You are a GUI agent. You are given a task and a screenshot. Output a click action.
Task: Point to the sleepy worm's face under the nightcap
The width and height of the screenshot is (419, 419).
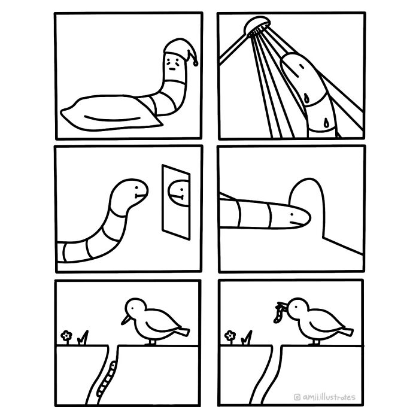click(x=174, y=63)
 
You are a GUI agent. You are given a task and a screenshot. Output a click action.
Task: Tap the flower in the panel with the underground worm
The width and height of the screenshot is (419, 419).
click(x=66, y=336)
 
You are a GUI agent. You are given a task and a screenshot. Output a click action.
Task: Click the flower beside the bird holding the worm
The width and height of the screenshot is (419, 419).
click(x=230, y=336)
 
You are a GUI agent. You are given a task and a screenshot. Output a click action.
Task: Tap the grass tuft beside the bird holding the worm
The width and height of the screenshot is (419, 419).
click(x=247, y=339)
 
